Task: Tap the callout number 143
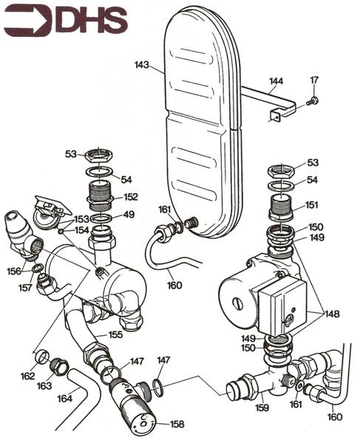[142, 66]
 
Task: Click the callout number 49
[129, 215]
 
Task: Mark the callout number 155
[115, 335]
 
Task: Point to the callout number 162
[27, 377]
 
